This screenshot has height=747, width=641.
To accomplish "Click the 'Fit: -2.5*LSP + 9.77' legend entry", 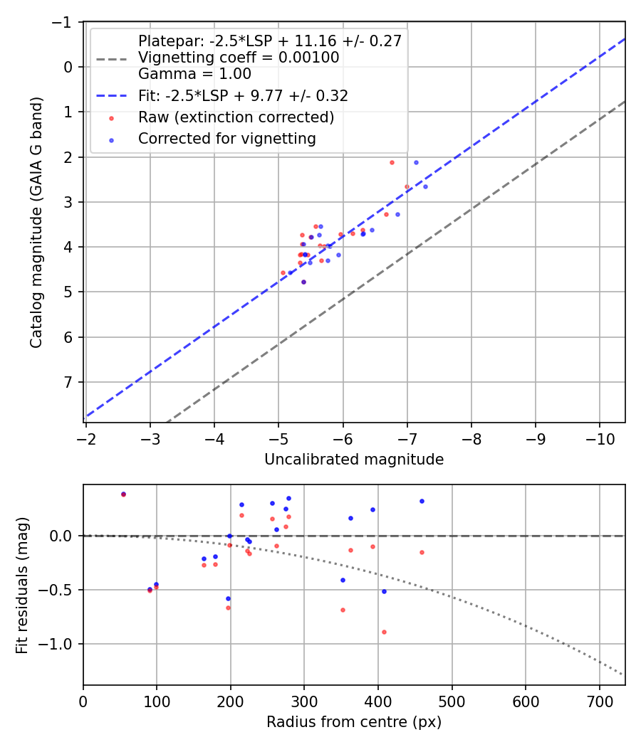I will coord(242,95).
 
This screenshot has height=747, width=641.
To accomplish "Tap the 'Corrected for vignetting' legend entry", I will coord(226,139).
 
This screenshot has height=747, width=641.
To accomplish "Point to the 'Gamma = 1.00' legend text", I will coord(194,73).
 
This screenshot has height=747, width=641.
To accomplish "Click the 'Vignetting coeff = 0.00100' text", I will coord(239,58).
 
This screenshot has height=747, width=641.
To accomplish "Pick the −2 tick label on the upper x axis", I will coord(85,435).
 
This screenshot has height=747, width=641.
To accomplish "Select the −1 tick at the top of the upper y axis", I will coord(65,23).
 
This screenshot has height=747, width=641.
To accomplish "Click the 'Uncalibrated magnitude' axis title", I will coord(354,460).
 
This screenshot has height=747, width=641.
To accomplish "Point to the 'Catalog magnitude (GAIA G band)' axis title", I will coord(36,223).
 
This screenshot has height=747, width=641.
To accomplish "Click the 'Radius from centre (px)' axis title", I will coord(354,722).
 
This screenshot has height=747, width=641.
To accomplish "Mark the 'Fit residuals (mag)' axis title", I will coord(22,585).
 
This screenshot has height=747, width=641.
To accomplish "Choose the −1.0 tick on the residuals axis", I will coord(60,645).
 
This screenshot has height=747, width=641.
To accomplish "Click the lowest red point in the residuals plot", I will coord(384,632).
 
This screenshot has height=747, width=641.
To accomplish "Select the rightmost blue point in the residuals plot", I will coord(422,501).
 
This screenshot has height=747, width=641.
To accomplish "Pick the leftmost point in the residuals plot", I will coord(123,494).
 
